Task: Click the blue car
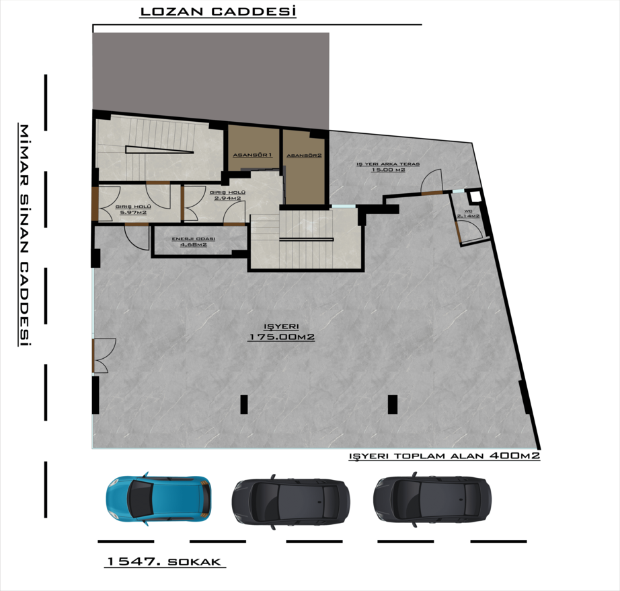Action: coord(158,499)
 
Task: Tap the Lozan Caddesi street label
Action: coord(219,11)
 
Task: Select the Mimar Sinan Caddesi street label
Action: coord(24,236)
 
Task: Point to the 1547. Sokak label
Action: coord(164,561)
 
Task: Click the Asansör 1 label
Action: coord(252,155)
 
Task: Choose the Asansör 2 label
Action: coord(304,155)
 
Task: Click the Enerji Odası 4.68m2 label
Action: coord(194,242)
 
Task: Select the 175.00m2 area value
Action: coord(281,337)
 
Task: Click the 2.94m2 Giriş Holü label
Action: coord(227,195)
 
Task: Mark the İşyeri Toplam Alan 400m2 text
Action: coord(444,456)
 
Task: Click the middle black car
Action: coord(290,501)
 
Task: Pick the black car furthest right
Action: coord(432,499)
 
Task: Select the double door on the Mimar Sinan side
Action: coord(104,355)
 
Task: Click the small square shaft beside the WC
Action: coord(475,197)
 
